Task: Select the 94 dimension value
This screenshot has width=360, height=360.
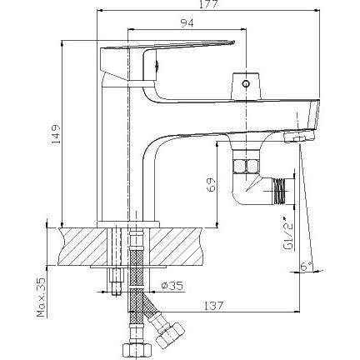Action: [187, 22]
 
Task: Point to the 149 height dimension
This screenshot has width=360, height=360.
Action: [56, 134]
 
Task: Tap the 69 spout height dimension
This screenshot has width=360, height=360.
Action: [211, 184]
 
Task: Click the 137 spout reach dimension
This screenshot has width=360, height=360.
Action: [213, 306]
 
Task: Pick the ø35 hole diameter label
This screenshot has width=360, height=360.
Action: [172, 286]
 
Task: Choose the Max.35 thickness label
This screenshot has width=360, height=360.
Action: [41, 297]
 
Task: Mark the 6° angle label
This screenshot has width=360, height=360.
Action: [306, 267]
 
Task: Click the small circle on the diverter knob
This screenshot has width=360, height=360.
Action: [246, 83]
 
